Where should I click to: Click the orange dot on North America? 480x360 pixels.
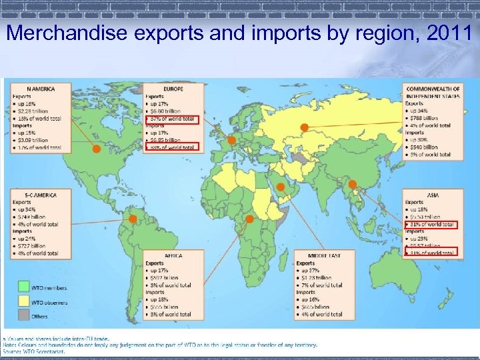click(x=97, y=149)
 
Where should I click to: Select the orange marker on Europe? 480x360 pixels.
click(x=232, y=140)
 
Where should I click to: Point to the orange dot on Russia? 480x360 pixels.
click(x=304, y=127)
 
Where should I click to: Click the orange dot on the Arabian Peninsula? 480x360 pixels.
click(x=281, y=187)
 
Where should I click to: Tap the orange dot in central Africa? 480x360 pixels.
click(x=249, y=219)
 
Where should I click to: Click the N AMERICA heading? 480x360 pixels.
click(x=41, y=89)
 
